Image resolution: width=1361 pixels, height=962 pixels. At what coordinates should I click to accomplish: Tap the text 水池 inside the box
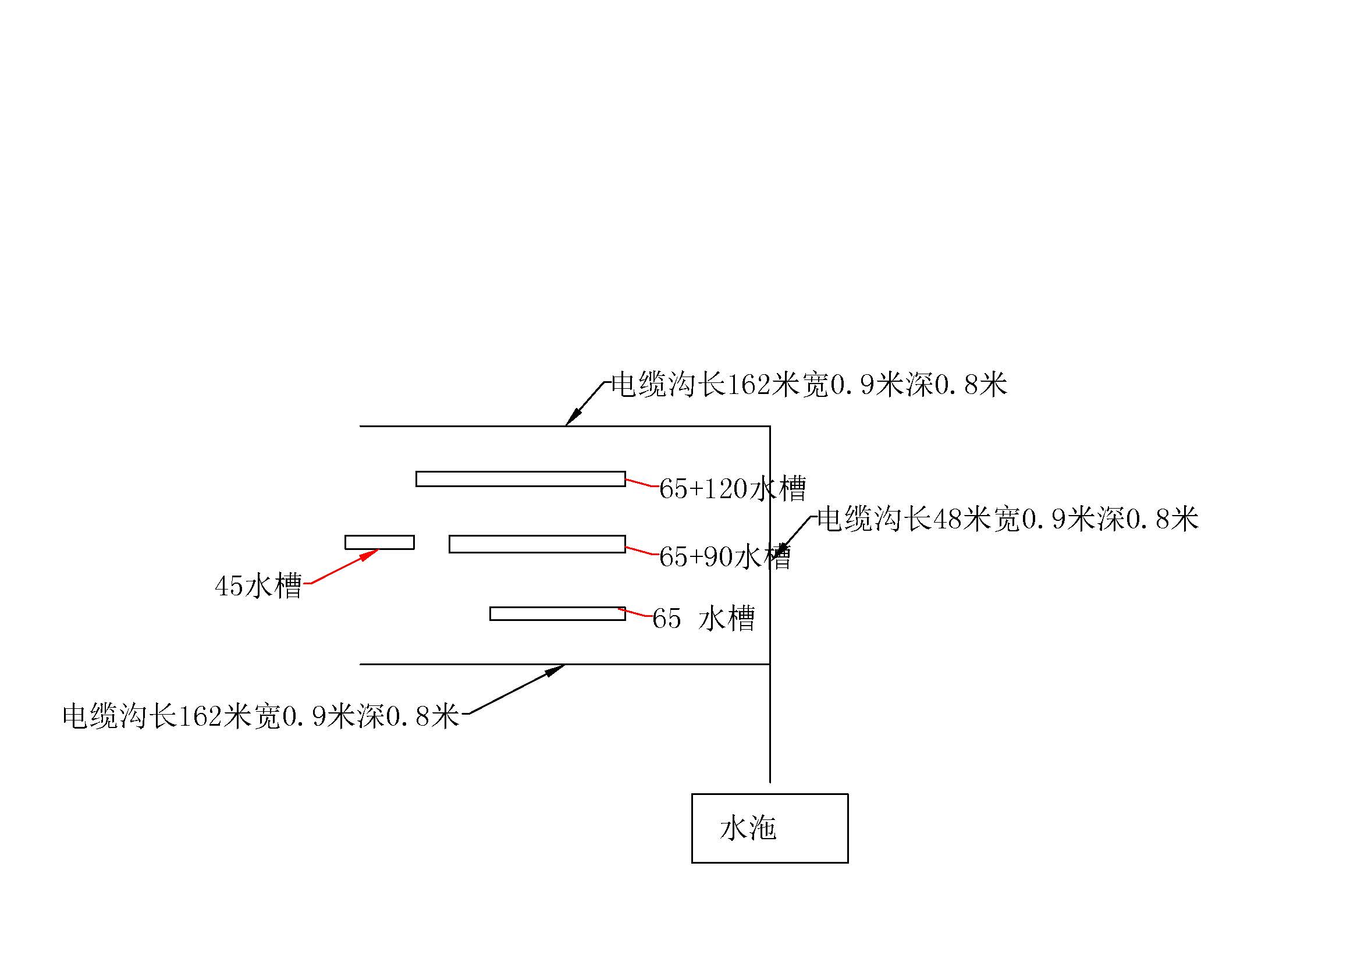click(748, 829)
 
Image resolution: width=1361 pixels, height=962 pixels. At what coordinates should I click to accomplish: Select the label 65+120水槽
click(733, 489)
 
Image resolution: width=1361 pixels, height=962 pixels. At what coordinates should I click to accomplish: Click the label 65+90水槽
click(724, 556)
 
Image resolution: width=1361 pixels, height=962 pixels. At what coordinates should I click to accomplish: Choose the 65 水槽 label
click(703, 619)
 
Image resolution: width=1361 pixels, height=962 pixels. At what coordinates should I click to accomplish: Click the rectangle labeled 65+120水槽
click(520, 479)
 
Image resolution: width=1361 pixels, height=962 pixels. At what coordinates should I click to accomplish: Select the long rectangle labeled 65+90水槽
click(536, 544)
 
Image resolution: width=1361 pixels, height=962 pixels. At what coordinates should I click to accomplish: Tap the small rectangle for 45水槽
click(379, 542)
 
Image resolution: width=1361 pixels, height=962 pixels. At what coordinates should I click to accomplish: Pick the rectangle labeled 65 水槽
click(557, 613)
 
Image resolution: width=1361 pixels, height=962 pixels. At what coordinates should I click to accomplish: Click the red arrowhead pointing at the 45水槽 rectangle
click(370, 554)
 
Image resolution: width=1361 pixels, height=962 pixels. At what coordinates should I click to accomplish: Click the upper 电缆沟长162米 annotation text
click(809, 385)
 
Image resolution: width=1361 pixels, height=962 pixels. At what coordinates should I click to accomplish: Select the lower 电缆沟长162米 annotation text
click(261, 716)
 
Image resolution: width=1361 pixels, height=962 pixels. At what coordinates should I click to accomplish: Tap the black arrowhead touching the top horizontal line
click(571, 418)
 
